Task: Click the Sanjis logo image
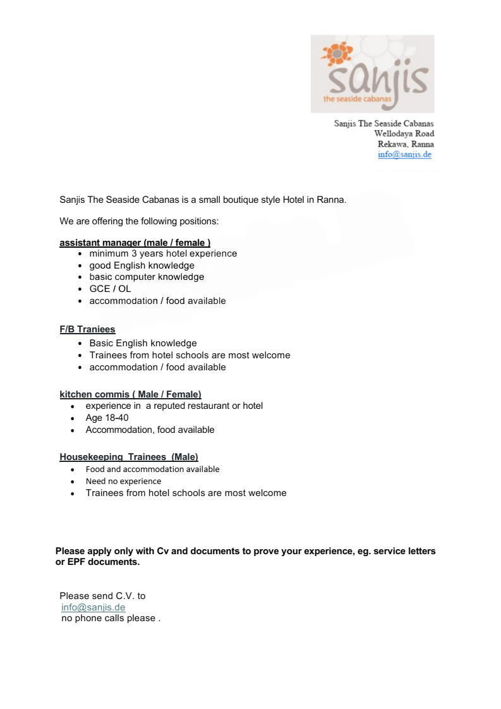click(372, 74)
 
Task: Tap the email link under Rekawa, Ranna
click(404, 154)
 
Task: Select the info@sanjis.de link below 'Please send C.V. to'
click(94, 607)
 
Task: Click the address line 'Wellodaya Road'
click(404, 133)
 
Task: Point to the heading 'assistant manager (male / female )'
click(135, 243)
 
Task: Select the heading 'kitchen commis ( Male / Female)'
click(130, 394)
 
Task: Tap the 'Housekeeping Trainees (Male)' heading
click(129, 456)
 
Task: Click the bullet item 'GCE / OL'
click(110, 289)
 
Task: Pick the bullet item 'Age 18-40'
click(107, 418)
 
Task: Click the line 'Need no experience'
click(123, 481)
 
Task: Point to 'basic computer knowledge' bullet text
click(147, 277)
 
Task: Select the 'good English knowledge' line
click(142, 265)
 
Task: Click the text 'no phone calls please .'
click(111, 618)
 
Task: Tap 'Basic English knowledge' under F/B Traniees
click(143, 343)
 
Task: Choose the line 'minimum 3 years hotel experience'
click(163, 253)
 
